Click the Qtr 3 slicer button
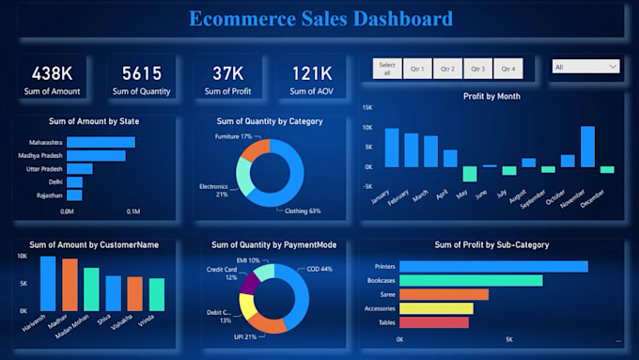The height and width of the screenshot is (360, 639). click(x=476, y=69)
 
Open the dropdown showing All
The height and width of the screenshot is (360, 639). click(x=585, y=67)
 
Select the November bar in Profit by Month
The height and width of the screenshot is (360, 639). click(x=587, y=146)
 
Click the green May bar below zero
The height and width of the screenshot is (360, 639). click(x=469, y=174)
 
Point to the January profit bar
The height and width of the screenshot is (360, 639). click(x=391, y=148)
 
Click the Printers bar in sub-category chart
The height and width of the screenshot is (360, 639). click(x=493, y=266)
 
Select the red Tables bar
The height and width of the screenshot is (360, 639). click(x=434, y=322)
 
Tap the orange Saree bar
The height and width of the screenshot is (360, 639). click(x=444, y=294)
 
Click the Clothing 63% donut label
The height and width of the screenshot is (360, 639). click(x=302, y=211)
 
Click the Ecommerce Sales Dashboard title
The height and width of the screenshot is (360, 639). click(x=319, y=18)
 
